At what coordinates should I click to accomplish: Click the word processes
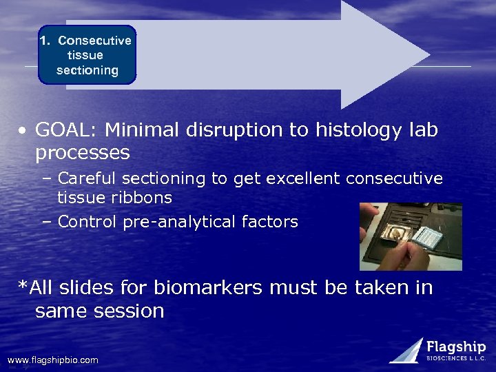(x=82, y=152)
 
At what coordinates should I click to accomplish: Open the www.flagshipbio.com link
(x=52, y=360)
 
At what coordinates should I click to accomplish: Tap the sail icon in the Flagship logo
(x=406, y=350)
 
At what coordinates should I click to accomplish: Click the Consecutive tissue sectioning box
(x=87, y=55)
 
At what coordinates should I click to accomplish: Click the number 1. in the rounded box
(x=45, y=41)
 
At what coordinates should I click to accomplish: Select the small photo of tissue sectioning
(x=411, y=236)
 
